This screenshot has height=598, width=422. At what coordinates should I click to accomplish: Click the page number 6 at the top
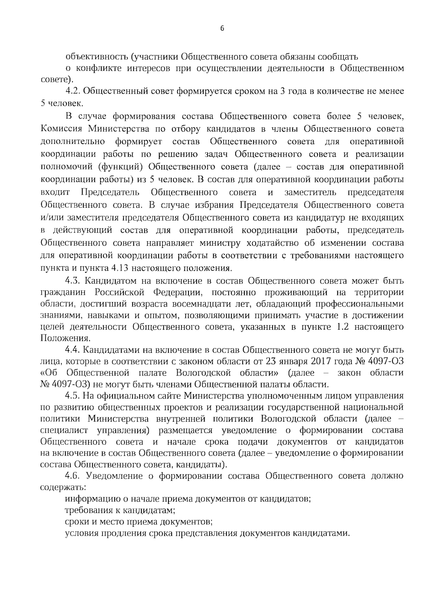[222, 29]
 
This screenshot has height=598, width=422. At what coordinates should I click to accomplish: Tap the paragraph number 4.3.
[73, 281]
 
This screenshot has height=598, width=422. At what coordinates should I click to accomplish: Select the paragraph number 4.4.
[73, 350]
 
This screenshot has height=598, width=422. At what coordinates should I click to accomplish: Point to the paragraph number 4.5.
[73, 396]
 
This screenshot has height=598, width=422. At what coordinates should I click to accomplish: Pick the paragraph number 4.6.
[73, 476]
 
